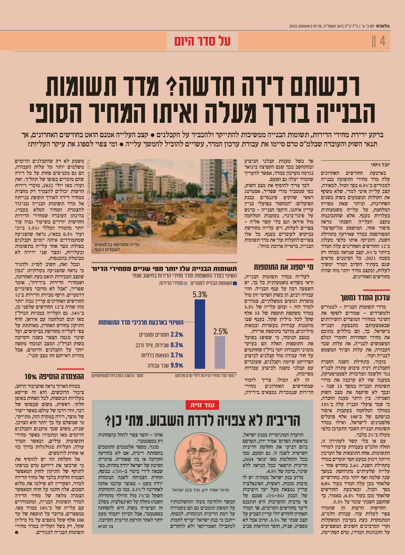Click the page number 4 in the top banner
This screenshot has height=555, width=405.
click(382, 41)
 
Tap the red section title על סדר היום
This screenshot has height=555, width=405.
click(202, 41)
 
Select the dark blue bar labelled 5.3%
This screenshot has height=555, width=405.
click(200, 334)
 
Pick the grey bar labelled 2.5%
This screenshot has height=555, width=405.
click(220, 352)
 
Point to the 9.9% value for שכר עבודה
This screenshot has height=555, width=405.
click(177, 365)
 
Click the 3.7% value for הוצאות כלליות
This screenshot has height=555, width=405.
click(177, 355)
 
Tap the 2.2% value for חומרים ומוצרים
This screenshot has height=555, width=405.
click(177, 335)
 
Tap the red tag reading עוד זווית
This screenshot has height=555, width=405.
click(202, 405)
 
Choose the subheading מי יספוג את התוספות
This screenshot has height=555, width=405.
click(283, 267)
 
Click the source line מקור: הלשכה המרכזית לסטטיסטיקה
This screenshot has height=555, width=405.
click(117, 376)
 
